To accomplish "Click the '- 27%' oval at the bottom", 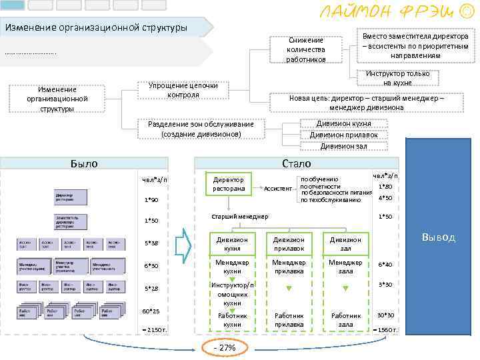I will (x=224, y=348).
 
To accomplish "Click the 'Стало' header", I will (x=296, y=163).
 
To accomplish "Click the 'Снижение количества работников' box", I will (x=306, y=50).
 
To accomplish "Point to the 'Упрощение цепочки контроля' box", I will (x=183, y=90).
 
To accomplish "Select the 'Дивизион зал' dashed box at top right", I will (x=343, y=146).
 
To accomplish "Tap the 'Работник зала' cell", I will (x=345, y=320).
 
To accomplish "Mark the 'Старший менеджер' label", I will (x=240, y=217).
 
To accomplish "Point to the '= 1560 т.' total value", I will (x=385, y=330).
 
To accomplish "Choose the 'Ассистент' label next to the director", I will (x=278, y=189).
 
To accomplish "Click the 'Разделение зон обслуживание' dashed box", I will (x=201, y=129).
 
